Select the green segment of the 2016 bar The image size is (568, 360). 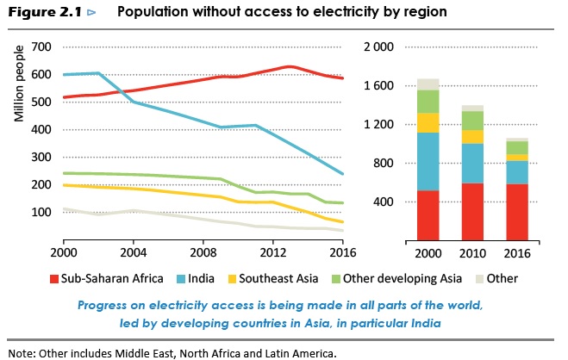[x=518, y=147]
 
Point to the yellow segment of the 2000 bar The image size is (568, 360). [x=428, y=122]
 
